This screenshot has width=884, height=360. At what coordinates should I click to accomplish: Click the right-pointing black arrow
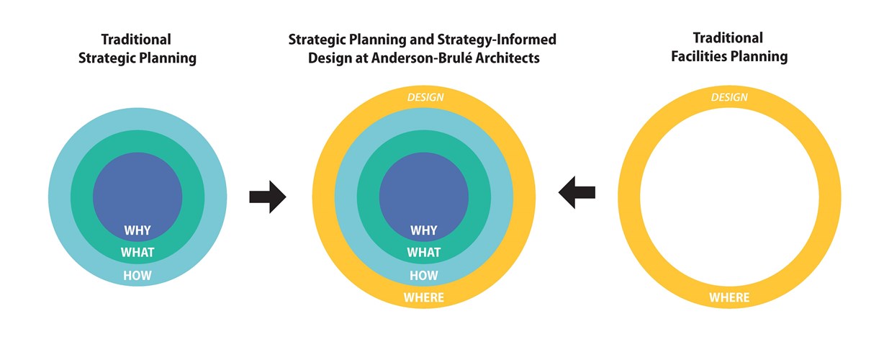pyautogui.click(x=268, y=197)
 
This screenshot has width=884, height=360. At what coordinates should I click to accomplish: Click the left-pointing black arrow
pyautogui.click(x=577, y=192)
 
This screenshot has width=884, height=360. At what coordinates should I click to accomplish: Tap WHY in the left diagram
pyautogui.click(x=137, y=230)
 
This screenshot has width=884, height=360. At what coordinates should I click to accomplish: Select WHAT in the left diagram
pyautogui.click(x=137, y=252)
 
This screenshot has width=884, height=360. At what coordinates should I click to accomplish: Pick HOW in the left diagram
pyautogui.click(x=137, y=275)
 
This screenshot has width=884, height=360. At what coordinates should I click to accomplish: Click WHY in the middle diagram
pyautogui.click(x=424, y=230)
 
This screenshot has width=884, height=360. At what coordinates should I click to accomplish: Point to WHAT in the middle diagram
pyautogui.click(x=424, y=252)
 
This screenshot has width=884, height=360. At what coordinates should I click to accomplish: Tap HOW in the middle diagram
pyautogui.click(x=424, y=275)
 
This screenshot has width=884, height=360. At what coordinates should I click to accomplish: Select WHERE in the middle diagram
pyautogui.click(x=424, y=297)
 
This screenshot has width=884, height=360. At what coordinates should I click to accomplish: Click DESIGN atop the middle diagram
pyautogui.click(x=425, y=97)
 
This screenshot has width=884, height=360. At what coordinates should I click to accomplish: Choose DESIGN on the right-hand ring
pyautogui.click(x=729, y=97)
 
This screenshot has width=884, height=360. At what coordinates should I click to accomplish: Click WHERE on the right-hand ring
pyautogui.click(x=729, y=297)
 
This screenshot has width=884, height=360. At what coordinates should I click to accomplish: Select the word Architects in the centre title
pyautogui.click(x=508, y=58)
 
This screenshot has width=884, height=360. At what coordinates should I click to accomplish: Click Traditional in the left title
pyautogui.click(x=136, y=40)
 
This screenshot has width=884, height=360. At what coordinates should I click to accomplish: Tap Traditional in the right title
pyautogui.click(x=728, y=38)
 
